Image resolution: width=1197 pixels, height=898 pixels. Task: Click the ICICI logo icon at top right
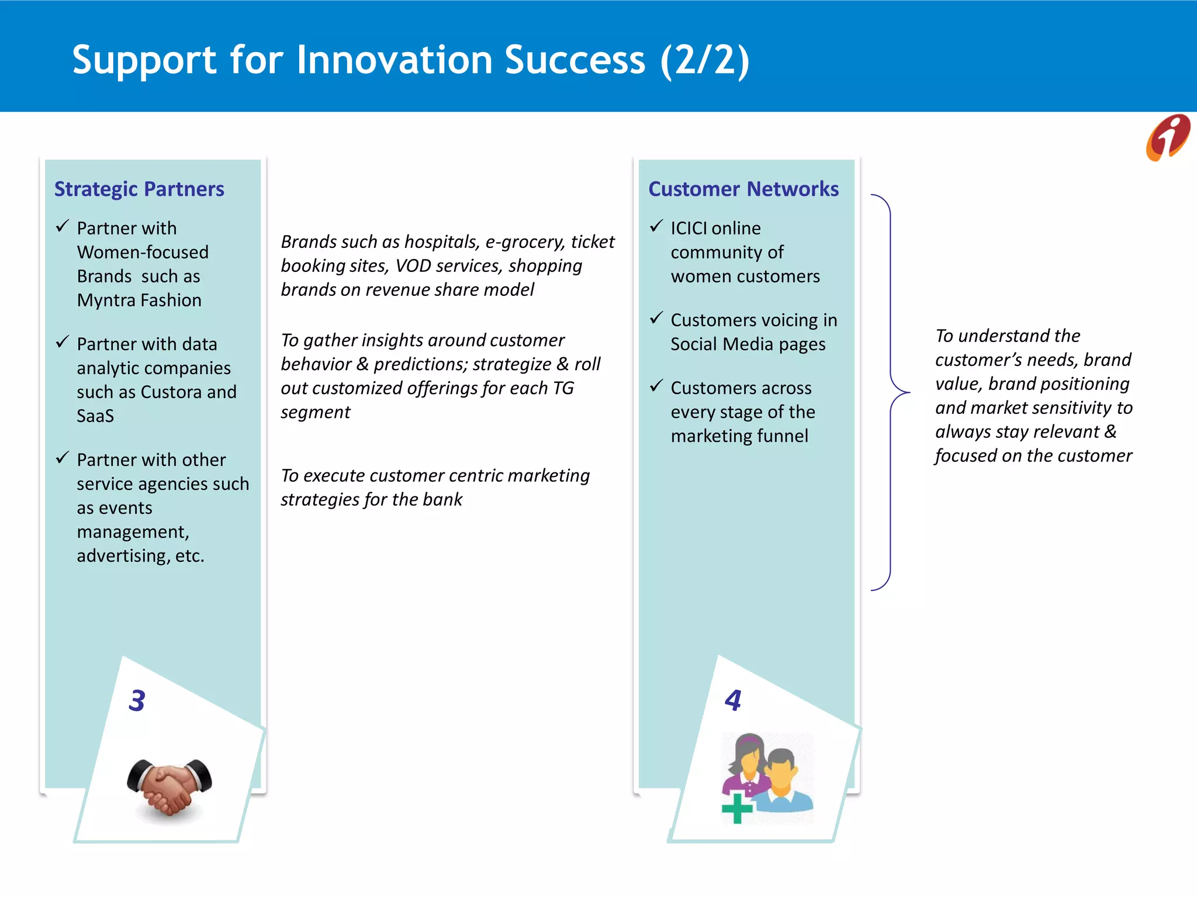click(1167, 137)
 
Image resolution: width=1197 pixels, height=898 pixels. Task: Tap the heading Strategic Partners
click(139, 189)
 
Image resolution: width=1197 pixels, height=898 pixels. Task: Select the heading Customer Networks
click(743, 189)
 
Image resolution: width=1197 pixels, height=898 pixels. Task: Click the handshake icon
click(169, 786)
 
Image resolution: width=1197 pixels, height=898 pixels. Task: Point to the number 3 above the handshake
click(137, 700)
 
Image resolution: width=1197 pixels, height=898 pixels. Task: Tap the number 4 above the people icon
click(733, 700)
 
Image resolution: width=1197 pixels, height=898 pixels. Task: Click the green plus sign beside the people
click(736, 809)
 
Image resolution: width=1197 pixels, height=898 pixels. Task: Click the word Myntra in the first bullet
click(108, 301)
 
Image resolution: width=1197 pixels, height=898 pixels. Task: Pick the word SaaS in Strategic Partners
click(95, 416)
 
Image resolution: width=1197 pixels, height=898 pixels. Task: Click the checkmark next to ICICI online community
click(656, 226)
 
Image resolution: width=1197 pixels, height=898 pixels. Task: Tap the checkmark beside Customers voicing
click(656, 318)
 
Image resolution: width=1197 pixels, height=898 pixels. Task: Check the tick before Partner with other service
click(63, 458)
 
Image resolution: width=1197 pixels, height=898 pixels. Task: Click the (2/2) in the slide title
click(705, 60)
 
